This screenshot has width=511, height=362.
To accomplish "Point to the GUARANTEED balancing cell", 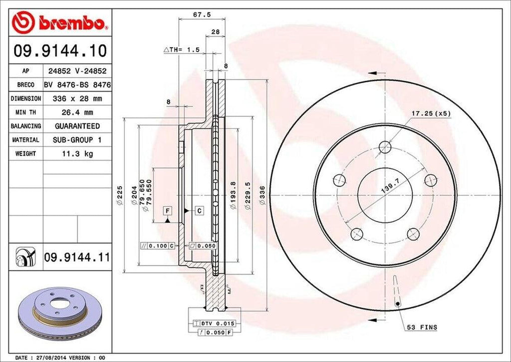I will pos(77,126).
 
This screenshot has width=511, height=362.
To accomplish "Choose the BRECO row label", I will pos(25,85).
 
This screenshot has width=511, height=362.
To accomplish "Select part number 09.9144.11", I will pos(77,258).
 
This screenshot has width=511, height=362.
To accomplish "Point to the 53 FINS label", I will pos(422,327).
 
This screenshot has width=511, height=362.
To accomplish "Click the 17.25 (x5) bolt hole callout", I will pos(431,113).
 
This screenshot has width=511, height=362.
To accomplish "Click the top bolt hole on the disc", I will pos(385,147).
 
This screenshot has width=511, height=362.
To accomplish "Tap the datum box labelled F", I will pos(168,210).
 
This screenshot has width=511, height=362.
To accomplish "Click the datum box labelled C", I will pos(199,210).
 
